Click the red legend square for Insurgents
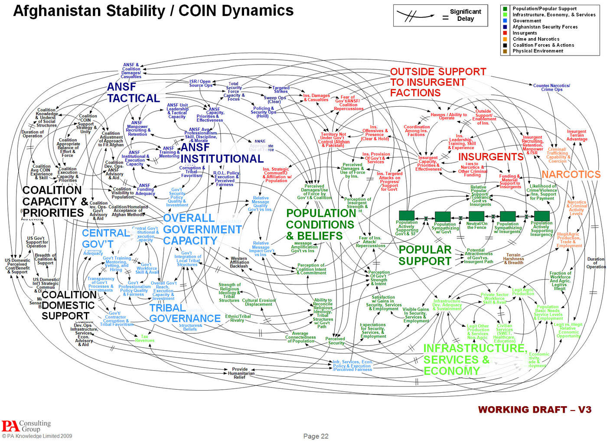pyautogui.click(x=505, y=33)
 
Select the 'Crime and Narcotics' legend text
pyautogui.click(x=536, y=39)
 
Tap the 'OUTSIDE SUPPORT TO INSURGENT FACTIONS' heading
pyautogui.click(x=437, y=82)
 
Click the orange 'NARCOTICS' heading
pyautogui.click(x=571, y=175)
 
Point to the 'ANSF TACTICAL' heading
pyautogui.click(x=133, y=93)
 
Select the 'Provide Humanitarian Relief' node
pyautogui.click(x=240, y=373)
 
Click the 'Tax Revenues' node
pyautogui.click(x=144, y=339)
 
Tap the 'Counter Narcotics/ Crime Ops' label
pyautogui.click(x=552, y=88)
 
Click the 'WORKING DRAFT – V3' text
pyautogui.click(x=534, y=410)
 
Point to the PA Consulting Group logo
pyautogui.click(x=26, y=426)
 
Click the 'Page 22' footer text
pyautogui.click(x=316, y=436)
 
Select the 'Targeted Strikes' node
pyautogui.click(x=281, y=89)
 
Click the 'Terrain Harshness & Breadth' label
pyautogui.click(x=513, y=259)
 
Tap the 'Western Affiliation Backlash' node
pyautogui.click(x=239, y=262)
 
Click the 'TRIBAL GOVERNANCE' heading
pyautogui.click(x=185, y=313)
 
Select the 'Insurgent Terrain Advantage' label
pyautogui.click(x=576, y=135)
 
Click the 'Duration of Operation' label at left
pyautogui.click(x=32, y=134)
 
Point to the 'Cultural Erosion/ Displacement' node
pyautogui.click(x=258, y=302)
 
